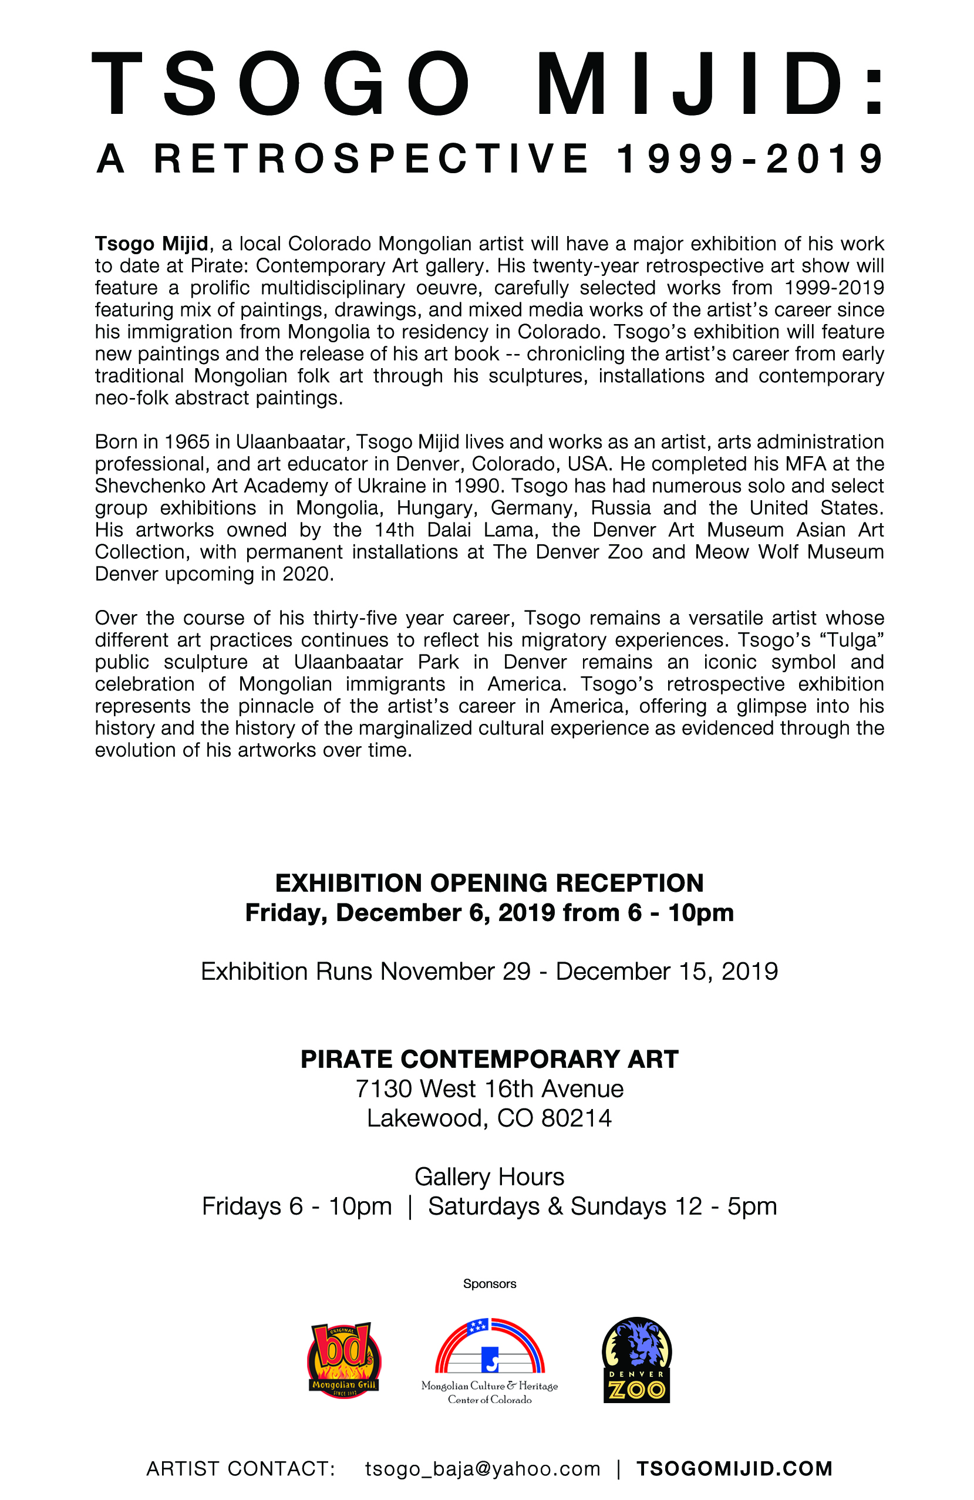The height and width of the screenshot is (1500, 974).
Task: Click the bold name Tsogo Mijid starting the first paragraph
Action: pyautogui.click(x=151, y=243)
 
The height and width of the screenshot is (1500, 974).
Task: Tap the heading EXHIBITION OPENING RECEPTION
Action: pyautogui.click(x=489, y=883)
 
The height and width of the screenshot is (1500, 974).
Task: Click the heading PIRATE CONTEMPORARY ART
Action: pyautogui.click(x=489, y=1060)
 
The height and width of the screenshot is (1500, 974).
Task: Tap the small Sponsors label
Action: pyautogui.click(x=489, y=1284)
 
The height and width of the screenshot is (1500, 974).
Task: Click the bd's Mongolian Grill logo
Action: pyautogui.click(x=343, y=1360)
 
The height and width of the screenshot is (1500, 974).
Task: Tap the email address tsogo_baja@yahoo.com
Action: pyautogui.click(x=482, y=1469)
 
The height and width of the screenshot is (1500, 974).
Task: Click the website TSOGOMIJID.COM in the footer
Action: pyautogui.click(x=734, y=1469)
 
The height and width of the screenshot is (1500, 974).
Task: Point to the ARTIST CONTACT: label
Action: pyautogui.click(x=240, y=1469)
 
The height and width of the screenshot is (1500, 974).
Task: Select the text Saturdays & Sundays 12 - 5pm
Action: pyautogui.click(x=602, y=1206)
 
